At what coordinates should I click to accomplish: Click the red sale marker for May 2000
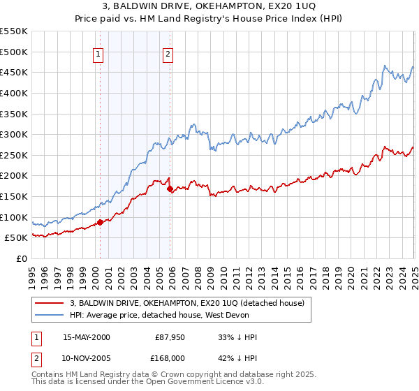(x=100, y=222)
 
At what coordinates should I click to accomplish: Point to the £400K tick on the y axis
(x=14, y=93)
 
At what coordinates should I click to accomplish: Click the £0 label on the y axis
(x=21, y=258)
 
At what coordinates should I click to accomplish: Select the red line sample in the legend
(x=50, y=303)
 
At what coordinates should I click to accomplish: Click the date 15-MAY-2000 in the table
(x=87, y=337)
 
